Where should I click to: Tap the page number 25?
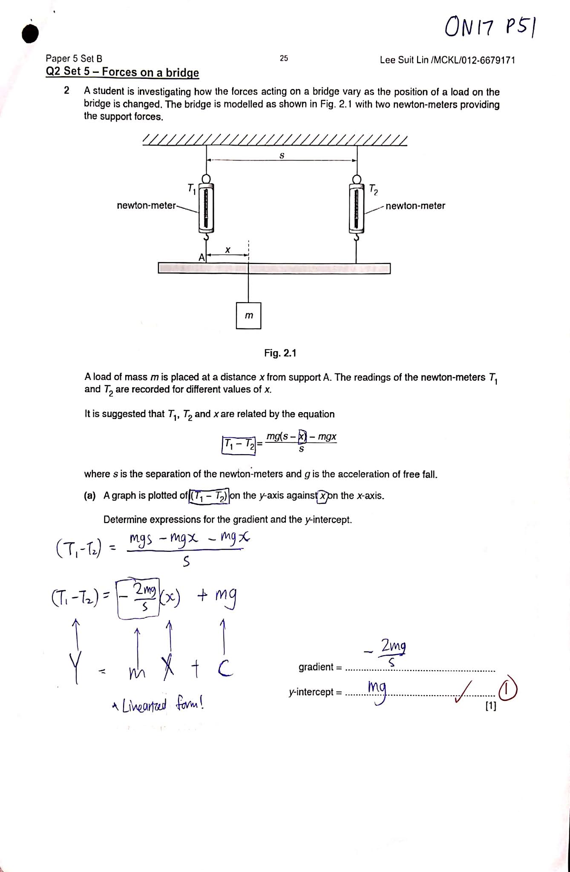coord(284,58)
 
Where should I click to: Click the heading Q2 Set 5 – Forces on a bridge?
coord(122,72)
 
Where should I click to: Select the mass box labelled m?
coord(248,316)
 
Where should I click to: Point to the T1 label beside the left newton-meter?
coord(192,188)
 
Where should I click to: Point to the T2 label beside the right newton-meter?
coord(373,189)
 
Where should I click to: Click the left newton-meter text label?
coord(146,206)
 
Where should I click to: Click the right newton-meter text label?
coord(415,206)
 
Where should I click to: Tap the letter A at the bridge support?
coord(202,257)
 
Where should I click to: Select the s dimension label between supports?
coord(282,156)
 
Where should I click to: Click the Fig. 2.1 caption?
coord(280,353)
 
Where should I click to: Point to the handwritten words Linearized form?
coord(158,706)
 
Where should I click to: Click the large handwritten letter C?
coord(225,669)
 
